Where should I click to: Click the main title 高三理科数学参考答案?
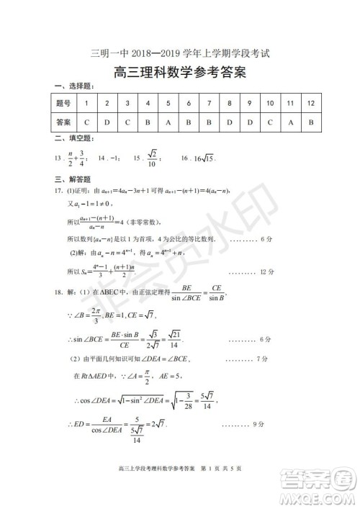(x=180, y=72)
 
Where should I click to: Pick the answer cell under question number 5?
(x=168, y=122)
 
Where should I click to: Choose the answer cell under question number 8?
(x=229, y=122)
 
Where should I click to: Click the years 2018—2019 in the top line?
(x=146, y=53)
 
